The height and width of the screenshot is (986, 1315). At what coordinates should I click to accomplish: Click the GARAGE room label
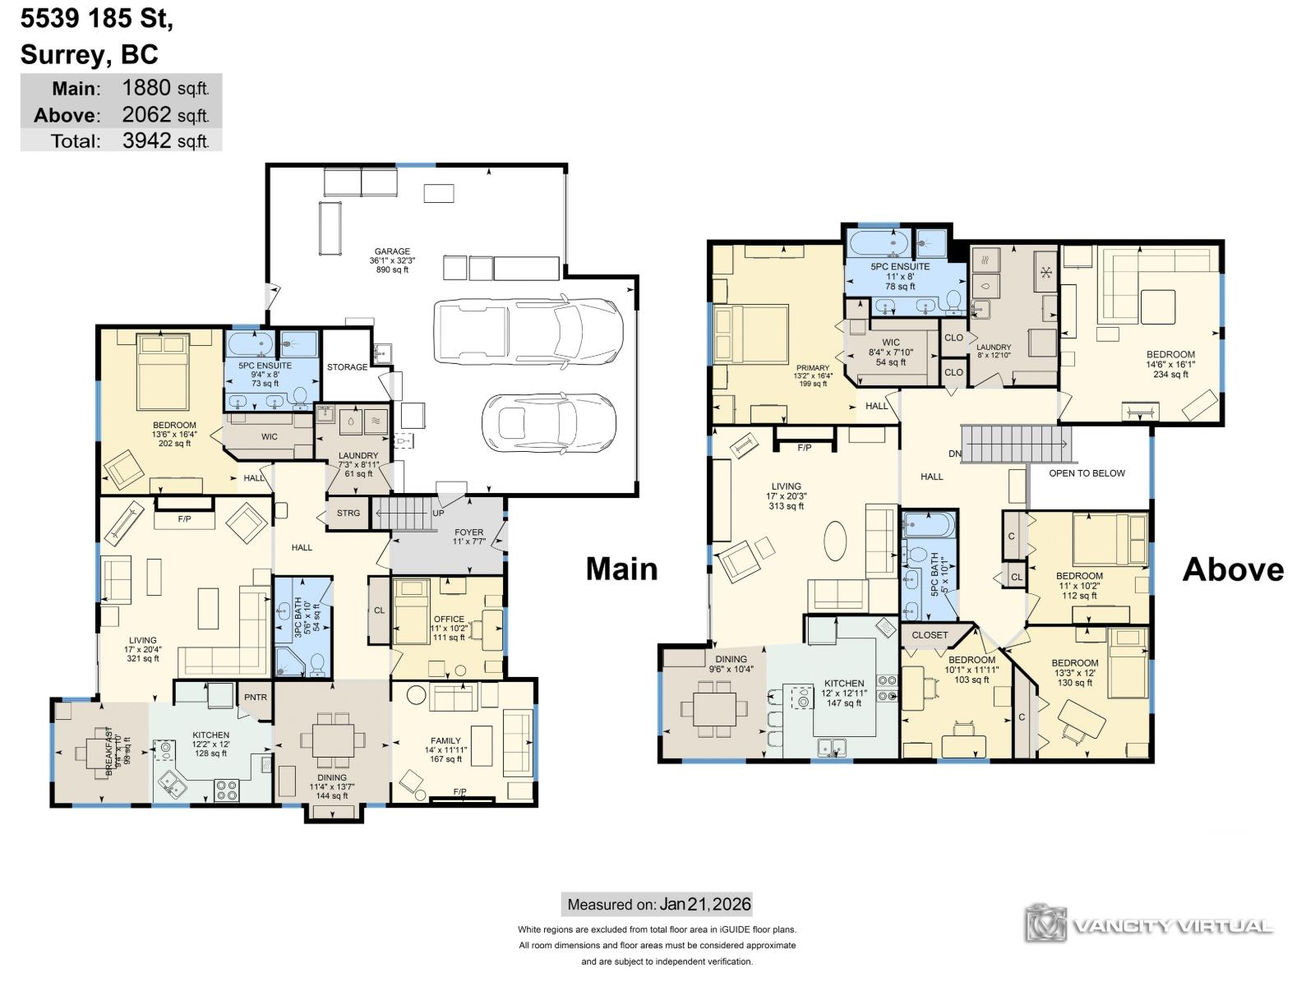pyautogui.click(x=392, y=252)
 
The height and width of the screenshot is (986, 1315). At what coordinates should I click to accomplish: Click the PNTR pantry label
pyautogui.click(x=256, y=698)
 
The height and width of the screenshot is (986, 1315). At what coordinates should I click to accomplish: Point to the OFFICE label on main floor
pyautogui.click(x=449, y=620)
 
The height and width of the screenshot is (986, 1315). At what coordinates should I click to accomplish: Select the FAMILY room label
pyautogui.click(x=447, y=741)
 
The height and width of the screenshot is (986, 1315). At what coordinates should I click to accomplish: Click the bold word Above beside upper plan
pyautogui.click(x=1233, y=569)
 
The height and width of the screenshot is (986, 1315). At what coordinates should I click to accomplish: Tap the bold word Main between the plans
pyautogui.click(x=621, y=569)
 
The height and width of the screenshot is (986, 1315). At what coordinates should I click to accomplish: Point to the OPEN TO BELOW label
pyautogui.click(x=1087, y=473)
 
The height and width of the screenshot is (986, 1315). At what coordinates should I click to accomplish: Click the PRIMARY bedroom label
pyautogui.click(x=813, y=368)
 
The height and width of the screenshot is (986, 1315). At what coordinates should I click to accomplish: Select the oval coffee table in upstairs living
pyautogui.click(x=836, y=543)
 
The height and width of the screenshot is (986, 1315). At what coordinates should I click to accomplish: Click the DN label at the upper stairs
pyautogui.click(x=954, y=454)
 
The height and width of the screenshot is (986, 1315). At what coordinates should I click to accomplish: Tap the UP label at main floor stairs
pyautogui.click(x=438, y=514)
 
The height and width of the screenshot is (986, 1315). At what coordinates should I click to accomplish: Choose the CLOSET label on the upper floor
pyautogui.click(x=930, y=635)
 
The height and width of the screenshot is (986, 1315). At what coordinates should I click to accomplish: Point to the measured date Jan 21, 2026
pyautogui.click(x=704, y=905)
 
